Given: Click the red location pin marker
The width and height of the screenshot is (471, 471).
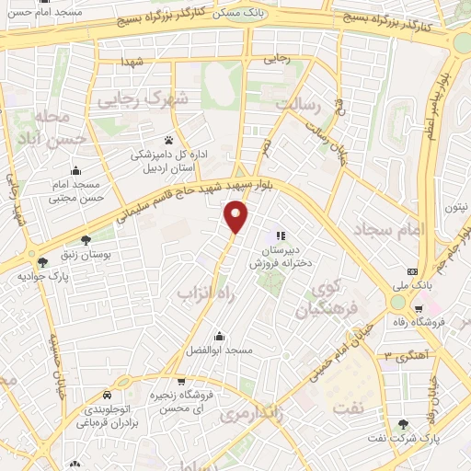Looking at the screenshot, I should [237, 217].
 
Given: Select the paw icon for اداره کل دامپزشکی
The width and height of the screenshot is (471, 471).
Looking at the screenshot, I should [168, 140].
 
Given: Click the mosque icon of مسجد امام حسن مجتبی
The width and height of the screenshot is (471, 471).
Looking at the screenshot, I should [75, 170].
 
